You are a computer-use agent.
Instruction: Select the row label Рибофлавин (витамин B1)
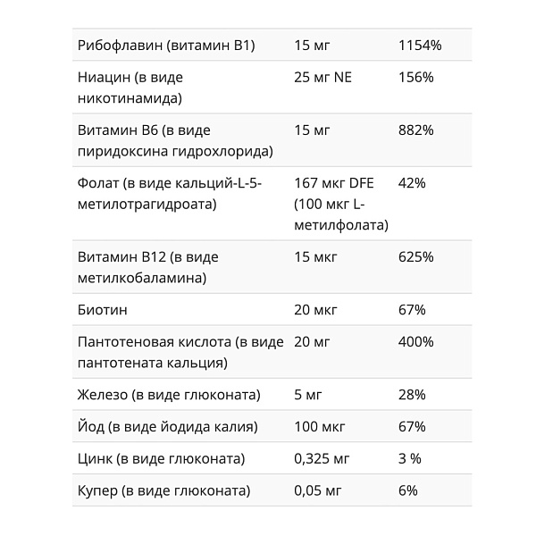pyautogui.click(x=166, y=46)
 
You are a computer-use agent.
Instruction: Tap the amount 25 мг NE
pyautogui.click(x=322, y=78)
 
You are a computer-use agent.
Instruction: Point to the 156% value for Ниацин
pyautogui.click(x=415, y=78)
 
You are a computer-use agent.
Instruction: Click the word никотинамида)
pyautogui.click(x=130, y=98)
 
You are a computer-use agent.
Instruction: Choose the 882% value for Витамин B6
pyautogui.click(x=415, y=130)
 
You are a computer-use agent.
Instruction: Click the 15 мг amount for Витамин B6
pyautogui.click(x=312, y=130)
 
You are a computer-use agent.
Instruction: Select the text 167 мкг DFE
pyautogui.click(x=334, y=183)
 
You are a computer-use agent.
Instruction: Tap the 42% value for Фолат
pyautogui.click(x=412, y=183)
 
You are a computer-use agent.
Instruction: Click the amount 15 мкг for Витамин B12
pyautogui.click(x=315, y=257)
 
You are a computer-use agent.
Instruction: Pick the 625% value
pyautogui.click(x=415, y=257)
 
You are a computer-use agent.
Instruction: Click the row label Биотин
pyautogui.click(x=103, y=310)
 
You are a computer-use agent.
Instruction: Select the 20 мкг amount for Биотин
pyautogui.click(x=315, y=310)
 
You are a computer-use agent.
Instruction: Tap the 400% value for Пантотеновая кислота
pyautogui.click(x=415, y=342)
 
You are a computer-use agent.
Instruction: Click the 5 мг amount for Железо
pyautogui.click(x=308, y=395)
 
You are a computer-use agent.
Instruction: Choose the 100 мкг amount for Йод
pyautogui.click(x=319, y=427)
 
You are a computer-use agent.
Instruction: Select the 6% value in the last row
pyautogui.click(x=408, y=491)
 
